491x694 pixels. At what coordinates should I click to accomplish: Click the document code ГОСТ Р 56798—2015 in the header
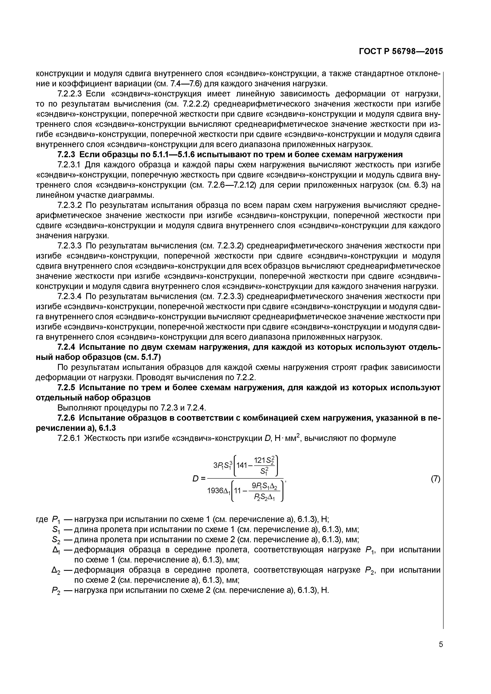point(401,52)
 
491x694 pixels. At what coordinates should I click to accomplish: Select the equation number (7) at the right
point(435,479)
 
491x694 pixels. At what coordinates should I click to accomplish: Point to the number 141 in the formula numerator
point(242,465)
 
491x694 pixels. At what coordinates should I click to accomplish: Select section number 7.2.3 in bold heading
point(66,155)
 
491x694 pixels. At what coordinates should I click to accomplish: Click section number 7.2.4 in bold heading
point(66,347)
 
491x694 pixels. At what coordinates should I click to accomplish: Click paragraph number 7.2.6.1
point(70,438)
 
